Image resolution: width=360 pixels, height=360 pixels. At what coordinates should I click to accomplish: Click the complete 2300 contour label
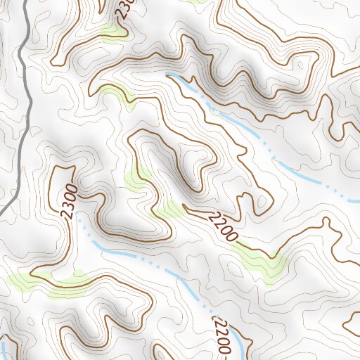pos(68,202)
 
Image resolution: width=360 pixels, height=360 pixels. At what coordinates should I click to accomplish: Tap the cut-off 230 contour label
pos(124,8)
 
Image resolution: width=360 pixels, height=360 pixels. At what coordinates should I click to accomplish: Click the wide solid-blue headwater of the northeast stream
pos(186,84)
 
